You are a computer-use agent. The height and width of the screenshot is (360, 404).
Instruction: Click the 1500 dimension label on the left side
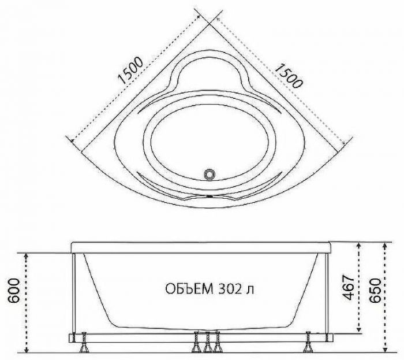point(130,70)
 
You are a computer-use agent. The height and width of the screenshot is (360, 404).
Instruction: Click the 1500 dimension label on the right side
point(288,75)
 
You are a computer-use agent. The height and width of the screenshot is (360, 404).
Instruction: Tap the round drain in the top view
point(209,174)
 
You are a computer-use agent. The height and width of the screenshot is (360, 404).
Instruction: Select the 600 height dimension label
point(14,291)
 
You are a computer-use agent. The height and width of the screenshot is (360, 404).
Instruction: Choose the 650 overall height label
point(375,291)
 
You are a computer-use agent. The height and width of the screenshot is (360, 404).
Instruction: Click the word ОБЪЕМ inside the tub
point(189,289)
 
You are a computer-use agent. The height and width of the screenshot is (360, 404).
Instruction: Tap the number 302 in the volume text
point(231,289)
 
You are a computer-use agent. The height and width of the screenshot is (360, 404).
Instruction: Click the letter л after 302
point(250,291)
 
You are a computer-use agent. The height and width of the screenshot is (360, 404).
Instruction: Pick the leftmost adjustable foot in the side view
point(84,343)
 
